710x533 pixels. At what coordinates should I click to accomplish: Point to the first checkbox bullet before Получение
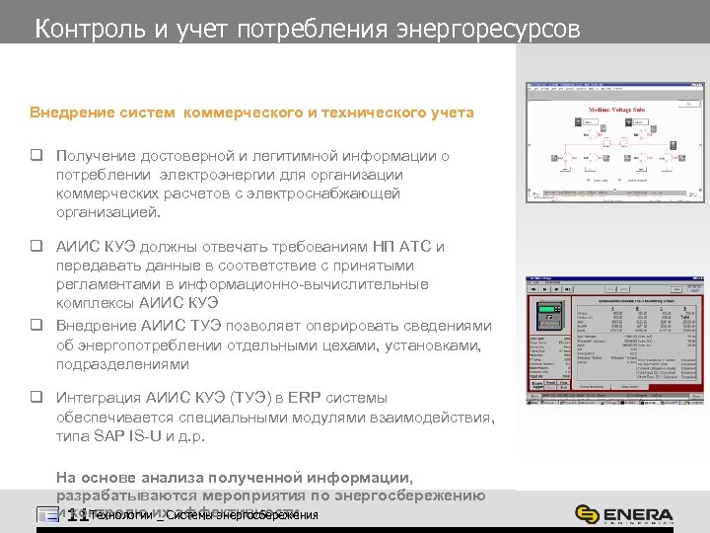tap(35, 156)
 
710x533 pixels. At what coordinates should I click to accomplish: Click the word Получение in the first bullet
tap(100, 156)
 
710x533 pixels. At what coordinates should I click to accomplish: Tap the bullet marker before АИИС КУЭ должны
tap(35, 247)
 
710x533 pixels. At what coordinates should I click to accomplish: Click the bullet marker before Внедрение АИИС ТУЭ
tap(35, 325)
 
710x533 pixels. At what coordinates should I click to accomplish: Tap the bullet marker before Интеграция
tap(35, 398)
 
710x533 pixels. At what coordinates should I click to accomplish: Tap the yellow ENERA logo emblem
tap(586, 515)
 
